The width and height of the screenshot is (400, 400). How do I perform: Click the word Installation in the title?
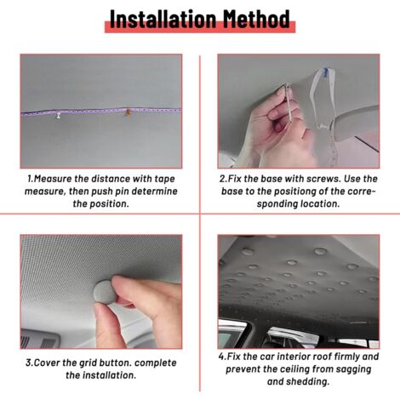[x=163, y=19]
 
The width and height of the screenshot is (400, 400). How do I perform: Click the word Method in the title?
[x=256, y=19]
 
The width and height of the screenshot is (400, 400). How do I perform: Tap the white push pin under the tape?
[x=59, y=116]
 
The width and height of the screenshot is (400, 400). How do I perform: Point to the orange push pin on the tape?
[x=129, y=112]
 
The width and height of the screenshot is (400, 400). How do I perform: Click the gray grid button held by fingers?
[x=106, y=292]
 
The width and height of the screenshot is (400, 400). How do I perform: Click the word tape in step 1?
[x=164, y=180]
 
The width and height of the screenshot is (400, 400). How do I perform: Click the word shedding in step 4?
[x=312, y=382]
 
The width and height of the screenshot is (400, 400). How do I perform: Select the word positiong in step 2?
[x=286, y=191]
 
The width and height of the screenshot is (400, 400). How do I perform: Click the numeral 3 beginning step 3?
[x=28, y=363]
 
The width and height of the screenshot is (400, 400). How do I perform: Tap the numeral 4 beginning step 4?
[x=221, y=357]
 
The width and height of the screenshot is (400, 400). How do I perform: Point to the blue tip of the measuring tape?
[x=326, y=71]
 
